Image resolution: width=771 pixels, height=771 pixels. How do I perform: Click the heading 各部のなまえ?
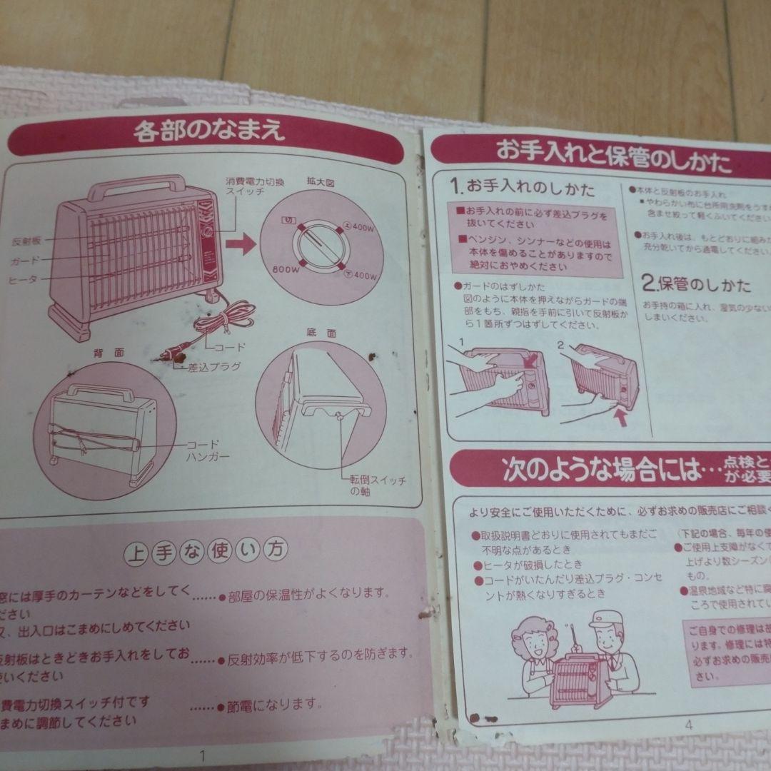coord(209,131)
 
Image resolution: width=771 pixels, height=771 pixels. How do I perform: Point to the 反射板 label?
coord(26,241)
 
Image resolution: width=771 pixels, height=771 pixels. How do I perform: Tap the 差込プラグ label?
coord(213,366)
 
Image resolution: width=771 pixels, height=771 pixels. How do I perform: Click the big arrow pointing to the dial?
coord(241,247)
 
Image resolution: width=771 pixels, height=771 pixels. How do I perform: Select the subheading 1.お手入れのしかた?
coord(522,188)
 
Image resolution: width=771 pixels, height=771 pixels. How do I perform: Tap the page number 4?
coord(688,724)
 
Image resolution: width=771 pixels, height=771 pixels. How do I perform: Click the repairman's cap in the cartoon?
coord(605,619)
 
